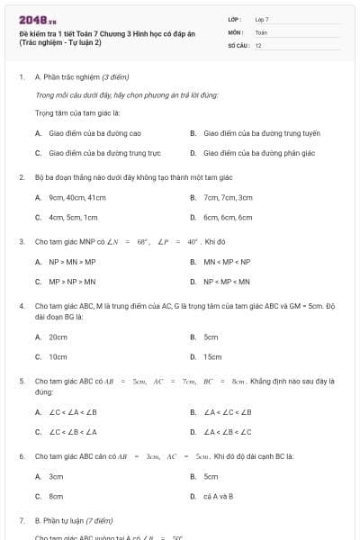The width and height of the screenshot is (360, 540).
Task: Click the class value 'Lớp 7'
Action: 262,19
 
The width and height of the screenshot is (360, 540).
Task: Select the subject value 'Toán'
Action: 261,31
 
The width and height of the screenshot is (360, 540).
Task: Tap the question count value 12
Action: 258,45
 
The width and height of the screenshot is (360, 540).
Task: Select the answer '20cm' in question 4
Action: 58,337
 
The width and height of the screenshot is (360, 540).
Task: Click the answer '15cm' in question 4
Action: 212,356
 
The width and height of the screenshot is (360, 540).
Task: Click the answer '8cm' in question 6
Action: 56,496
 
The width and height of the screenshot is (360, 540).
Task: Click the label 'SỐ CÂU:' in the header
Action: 238,45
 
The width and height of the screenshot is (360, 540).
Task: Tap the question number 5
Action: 22,381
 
